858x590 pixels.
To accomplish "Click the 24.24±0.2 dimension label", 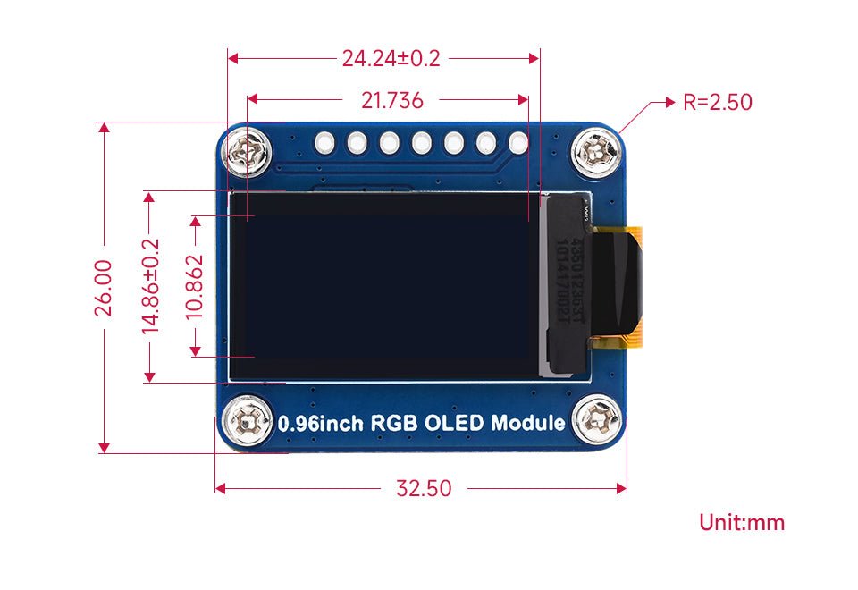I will click(391, 59).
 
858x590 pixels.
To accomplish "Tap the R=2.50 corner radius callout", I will click(717, 102).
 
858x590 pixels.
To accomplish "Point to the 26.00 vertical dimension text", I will click(104, 287).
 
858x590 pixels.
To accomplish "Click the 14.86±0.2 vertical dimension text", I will click(150, 287).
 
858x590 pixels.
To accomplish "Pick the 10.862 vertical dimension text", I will click(194, 287).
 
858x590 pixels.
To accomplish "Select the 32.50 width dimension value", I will click(424, 488).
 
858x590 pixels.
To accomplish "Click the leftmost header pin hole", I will click(325, 142).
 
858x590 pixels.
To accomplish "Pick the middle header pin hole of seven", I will click(422, 142).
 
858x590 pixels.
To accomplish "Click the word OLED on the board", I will click(457, 423).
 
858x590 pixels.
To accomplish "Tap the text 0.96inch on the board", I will click(322, 424).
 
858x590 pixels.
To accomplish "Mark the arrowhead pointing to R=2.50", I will click(669, 102).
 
